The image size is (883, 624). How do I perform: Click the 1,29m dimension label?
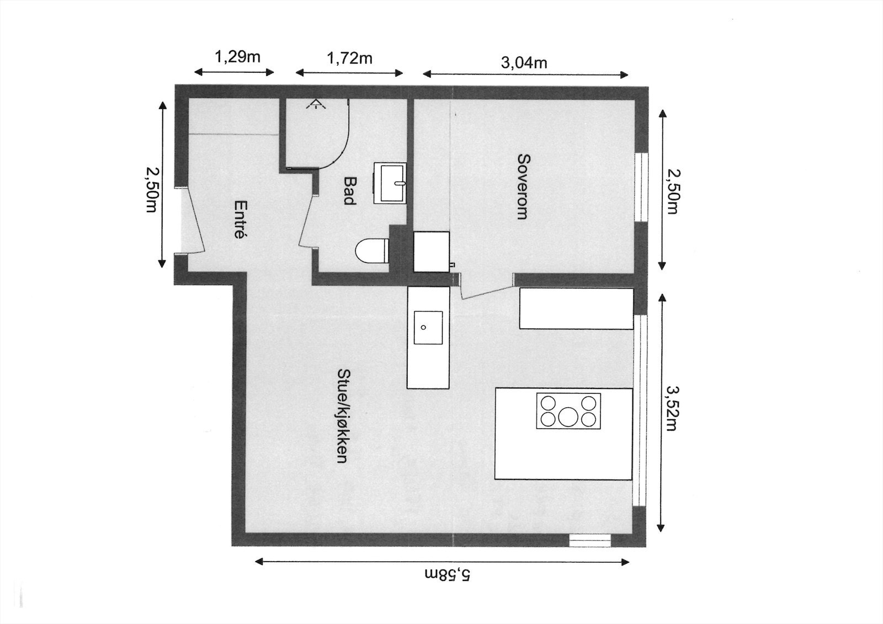(x=237, y=57)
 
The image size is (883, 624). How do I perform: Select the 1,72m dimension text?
(x=349, y=58)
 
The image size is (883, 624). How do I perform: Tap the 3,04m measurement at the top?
(x=524, y=62)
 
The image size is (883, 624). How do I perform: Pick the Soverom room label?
(x=523, y=186)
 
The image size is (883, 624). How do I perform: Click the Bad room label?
(x=349, y=190)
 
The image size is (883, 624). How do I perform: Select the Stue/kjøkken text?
(x=342, y=415)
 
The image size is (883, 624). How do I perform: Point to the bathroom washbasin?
(x=390, y=183)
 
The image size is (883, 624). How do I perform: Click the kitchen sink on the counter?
(x=428, y=327)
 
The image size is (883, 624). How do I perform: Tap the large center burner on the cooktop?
(x=568, y=416)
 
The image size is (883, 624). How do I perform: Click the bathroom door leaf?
(x=307, y=221)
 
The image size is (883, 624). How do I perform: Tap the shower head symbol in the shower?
(x=315, y=103)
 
